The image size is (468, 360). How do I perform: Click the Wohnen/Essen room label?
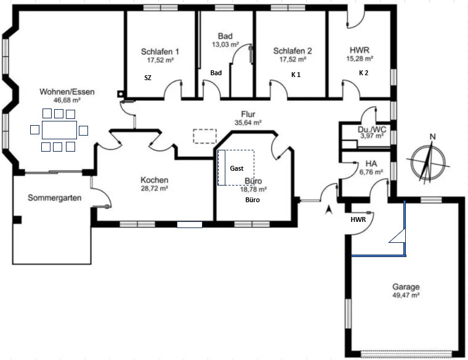tap(67, 92)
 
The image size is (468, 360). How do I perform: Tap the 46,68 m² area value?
tap(67, 100)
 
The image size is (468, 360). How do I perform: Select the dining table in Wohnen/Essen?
tap(59, 130)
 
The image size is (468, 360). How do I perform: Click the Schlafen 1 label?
tap(160, 52)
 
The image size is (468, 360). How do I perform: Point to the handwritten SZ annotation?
tap(148, 78)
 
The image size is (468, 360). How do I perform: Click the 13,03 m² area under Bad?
tap(225, 44)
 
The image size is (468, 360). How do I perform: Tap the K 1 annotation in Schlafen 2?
tap(296, 75)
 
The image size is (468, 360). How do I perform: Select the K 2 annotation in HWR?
tap(363, 73)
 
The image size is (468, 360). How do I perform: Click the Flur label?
tap(248, 114)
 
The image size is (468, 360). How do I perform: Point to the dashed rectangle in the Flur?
tap(204, 136)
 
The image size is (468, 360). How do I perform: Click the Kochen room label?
tap(155, 180)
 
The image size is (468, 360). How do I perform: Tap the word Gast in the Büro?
tap(236, 168)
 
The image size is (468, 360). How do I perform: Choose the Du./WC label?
tap(372, 129)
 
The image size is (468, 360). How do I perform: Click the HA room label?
tap(371, 164)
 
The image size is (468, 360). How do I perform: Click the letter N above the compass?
tap(432, 137)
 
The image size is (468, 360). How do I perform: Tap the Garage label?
tap(406, 287)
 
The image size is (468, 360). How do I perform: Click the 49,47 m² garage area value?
tap(406, 295)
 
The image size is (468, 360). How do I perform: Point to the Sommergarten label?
tap(55, 198)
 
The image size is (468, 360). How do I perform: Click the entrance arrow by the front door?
tap(329, 210)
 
